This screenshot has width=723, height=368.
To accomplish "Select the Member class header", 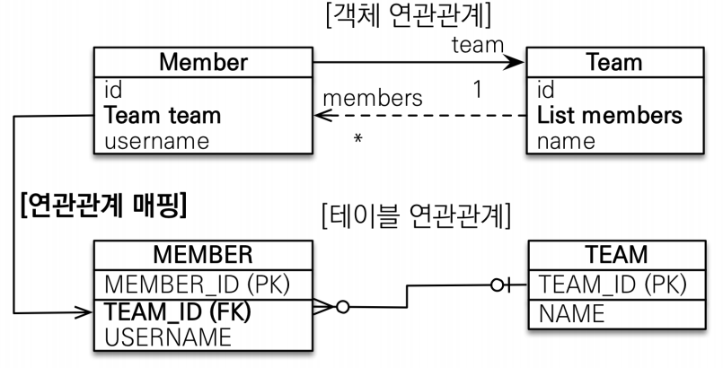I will click(203, 63).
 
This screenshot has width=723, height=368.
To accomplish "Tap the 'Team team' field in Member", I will click(163, 116).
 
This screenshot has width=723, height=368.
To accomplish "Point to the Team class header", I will click(613, 63).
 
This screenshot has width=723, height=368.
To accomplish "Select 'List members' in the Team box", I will click(609, 116).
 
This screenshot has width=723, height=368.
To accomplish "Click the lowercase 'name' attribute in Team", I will click(566, 141).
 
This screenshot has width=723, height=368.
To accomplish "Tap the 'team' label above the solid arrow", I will click(476, 45).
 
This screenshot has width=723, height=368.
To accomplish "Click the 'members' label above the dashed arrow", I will click(372, 97).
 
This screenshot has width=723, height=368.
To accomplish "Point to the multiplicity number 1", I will click(478, 90).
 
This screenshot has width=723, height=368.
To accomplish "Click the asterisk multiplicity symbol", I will click(357, 141).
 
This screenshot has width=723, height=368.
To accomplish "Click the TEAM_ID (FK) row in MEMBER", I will click(176, 312).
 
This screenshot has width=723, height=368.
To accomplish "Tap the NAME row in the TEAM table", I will click(571, 313).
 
